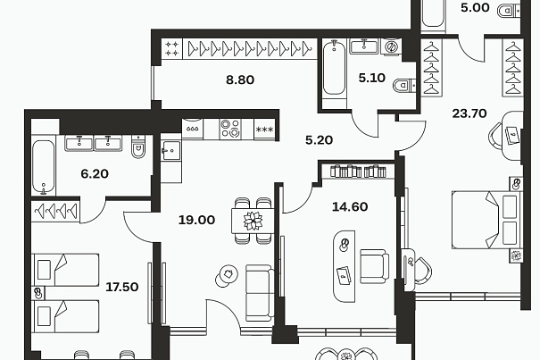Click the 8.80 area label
click(x=240, y=80)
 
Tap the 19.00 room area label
click(x=196, y=220)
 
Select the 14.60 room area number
click(x=350, y=207)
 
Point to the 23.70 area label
click(x=469, y=113)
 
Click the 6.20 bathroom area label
click(x=95, y=174)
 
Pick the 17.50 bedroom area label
click(x=122, y=287)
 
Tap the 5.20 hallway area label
click(x=319, y=140)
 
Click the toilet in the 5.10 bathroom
click(x=404, y=86)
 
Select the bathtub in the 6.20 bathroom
click(x=44, y=167)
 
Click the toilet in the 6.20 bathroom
click(x=138, y=147)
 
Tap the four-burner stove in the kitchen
click(x=230, y=129)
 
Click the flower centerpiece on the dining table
click(x=253, y=221)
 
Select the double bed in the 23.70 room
click(x=486, y=220)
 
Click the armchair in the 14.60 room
click(x=374, y=266)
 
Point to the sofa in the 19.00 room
click(x=260, y=293)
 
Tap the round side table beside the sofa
click(x=228, y=275)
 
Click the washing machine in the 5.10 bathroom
click(x=391, y=46)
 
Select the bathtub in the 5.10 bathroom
click(x=334, y=68)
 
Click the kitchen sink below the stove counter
click(x=170, y=151)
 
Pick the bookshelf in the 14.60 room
click(x=358, y=171)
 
